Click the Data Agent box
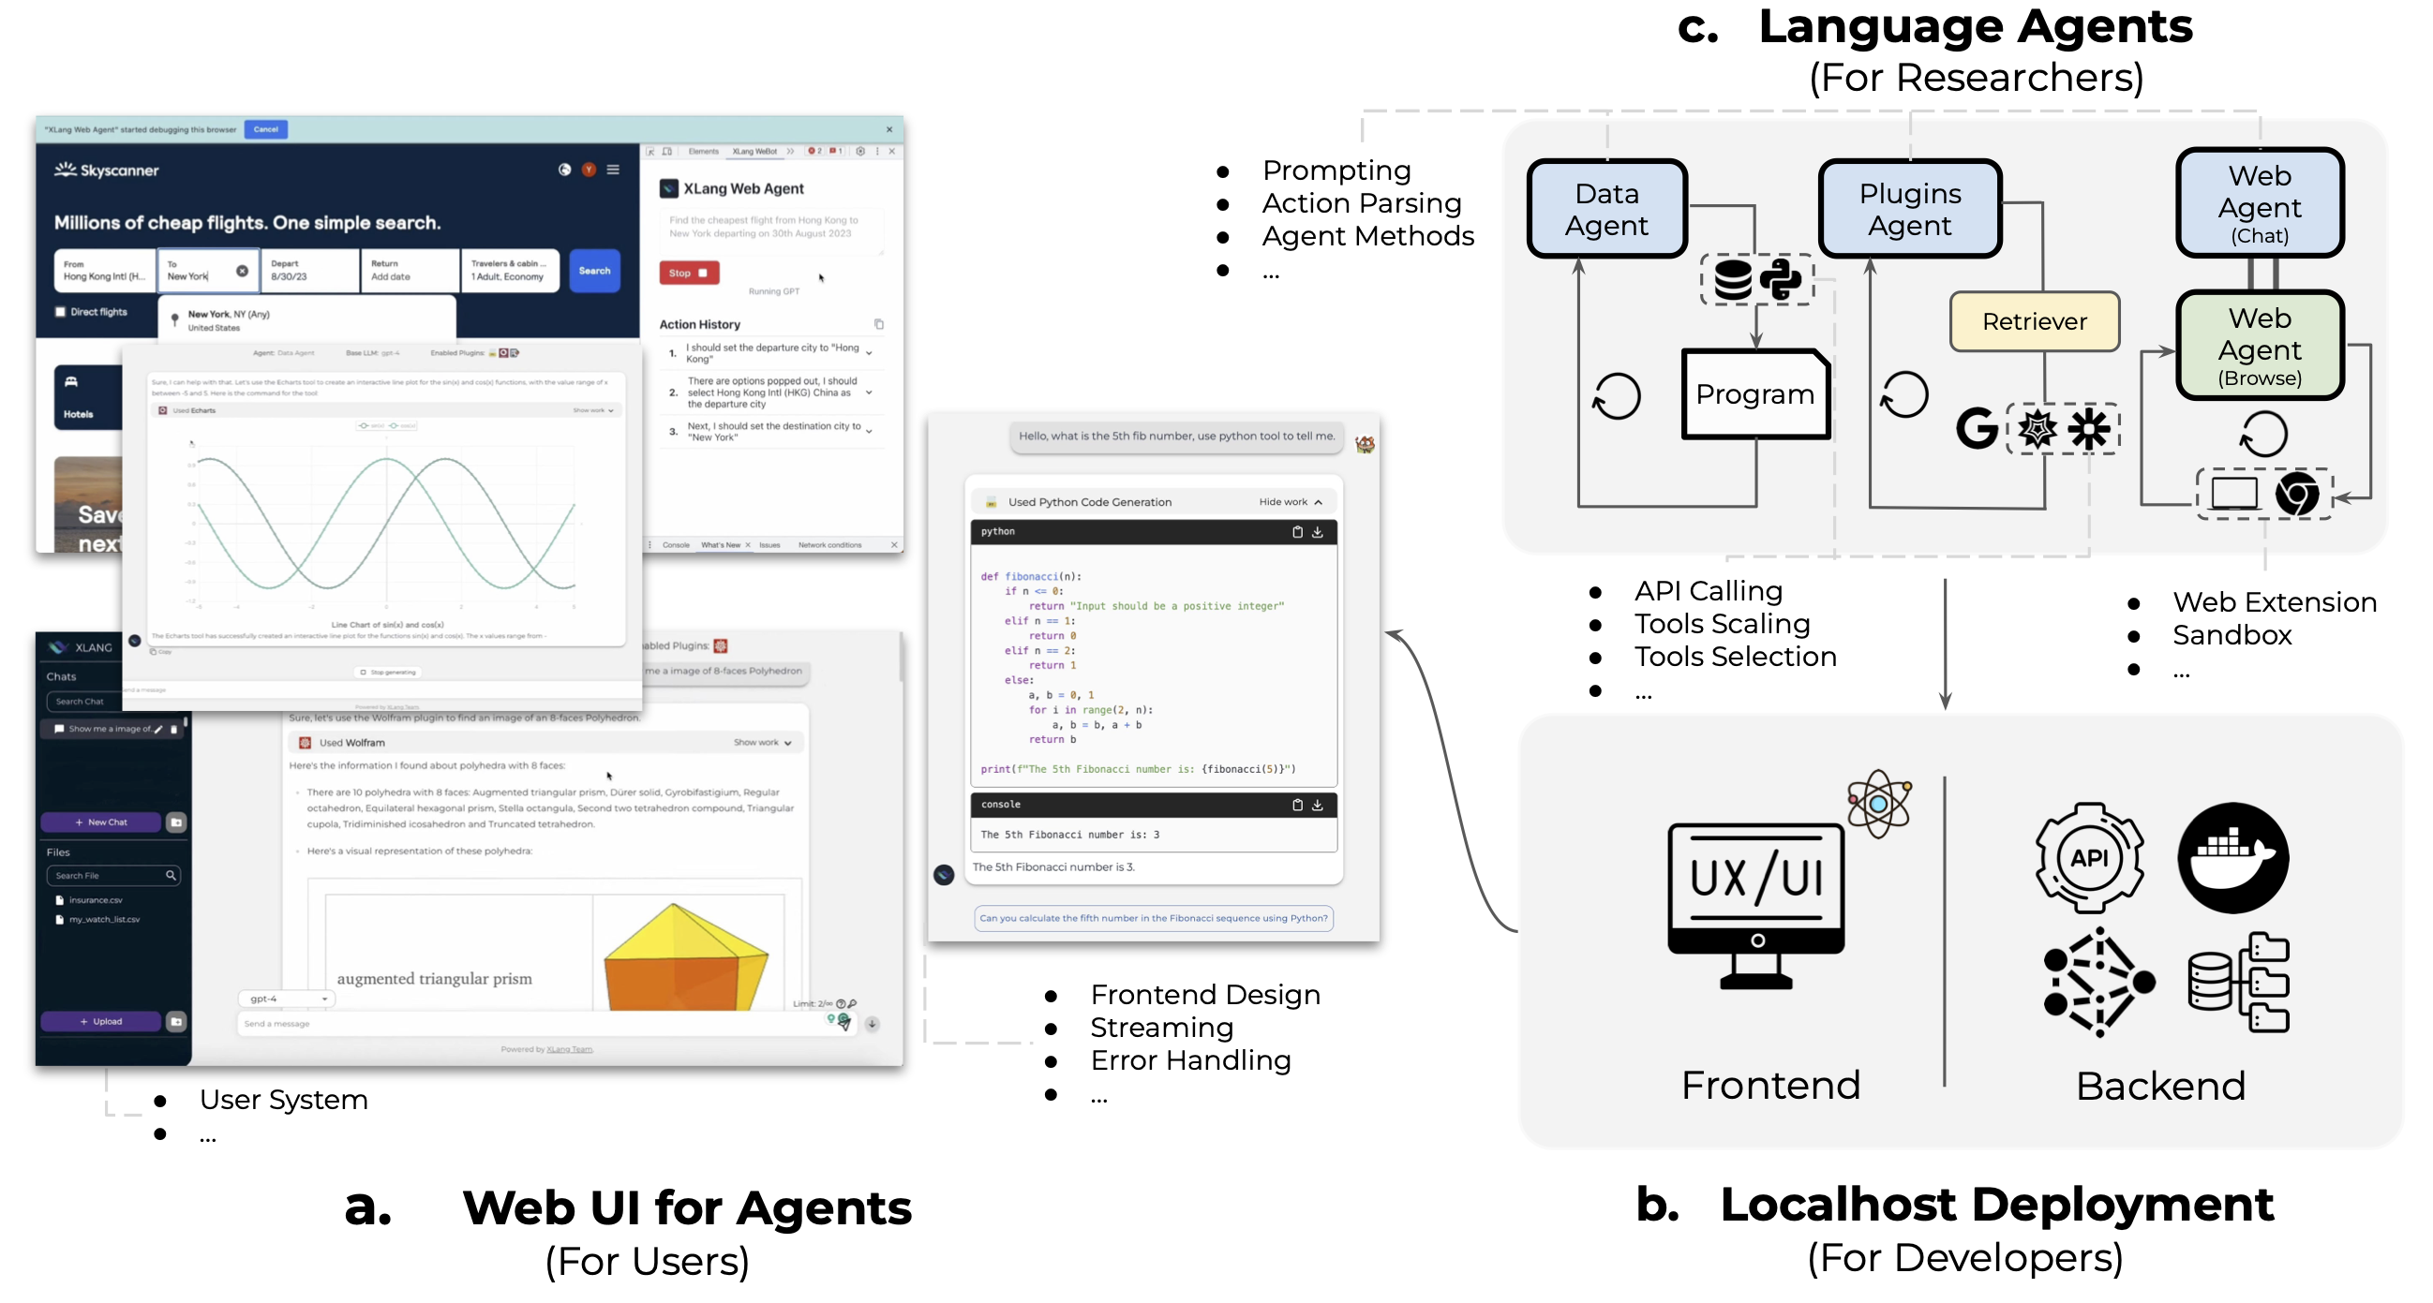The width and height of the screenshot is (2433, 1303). pyautogui.click(x=1606, y=210)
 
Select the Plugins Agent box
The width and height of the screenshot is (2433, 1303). pyautogui.click(x=1910, y=210)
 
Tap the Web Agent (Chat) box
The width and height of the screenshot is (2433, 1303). pyautogui.click(x=2260, y=203)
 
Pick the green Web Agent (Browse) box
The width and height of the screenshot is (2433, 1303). pyautogui.click(x=2260, y=347)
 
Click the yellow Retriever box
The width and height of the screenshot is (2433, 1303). pyautogui.click(x=2035, y=322)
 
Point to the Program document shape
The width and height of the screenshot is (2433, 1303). pyautogui.click(x=1754, y=394)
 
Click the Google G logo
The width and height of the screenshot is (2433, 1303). pyautogui.click(x=1976, y=429)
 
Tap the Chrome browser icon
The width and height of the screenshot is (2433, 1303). pyautogui.click(x=2296, y=494)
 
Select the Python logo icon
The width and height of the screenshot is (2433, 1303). pyautogui.click(x=1781, y=279)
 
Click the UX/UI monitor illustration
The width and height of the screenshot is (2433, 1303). pyautogui.click(x=1755, y=902)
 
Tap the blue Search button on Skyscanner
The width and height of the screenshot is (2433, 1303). pyautogui.click(x=594, y=271)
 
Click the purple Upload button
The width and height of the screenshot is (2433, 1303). pyautogui.click(x=101, y=1022)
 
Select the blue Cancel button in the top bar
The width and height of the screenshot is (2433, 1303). pyautogui.click(x=265, y=129)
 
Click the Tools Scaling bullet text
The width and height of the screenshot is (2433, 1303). pyautogui.click(x=1722, y=624)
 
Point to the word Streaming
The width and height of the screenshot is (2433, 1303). pyautogui.click(x=1161, y=1028)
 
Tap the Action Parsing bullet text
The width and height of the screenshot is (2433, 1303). pyautogui.click(x=1361, y=203)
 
